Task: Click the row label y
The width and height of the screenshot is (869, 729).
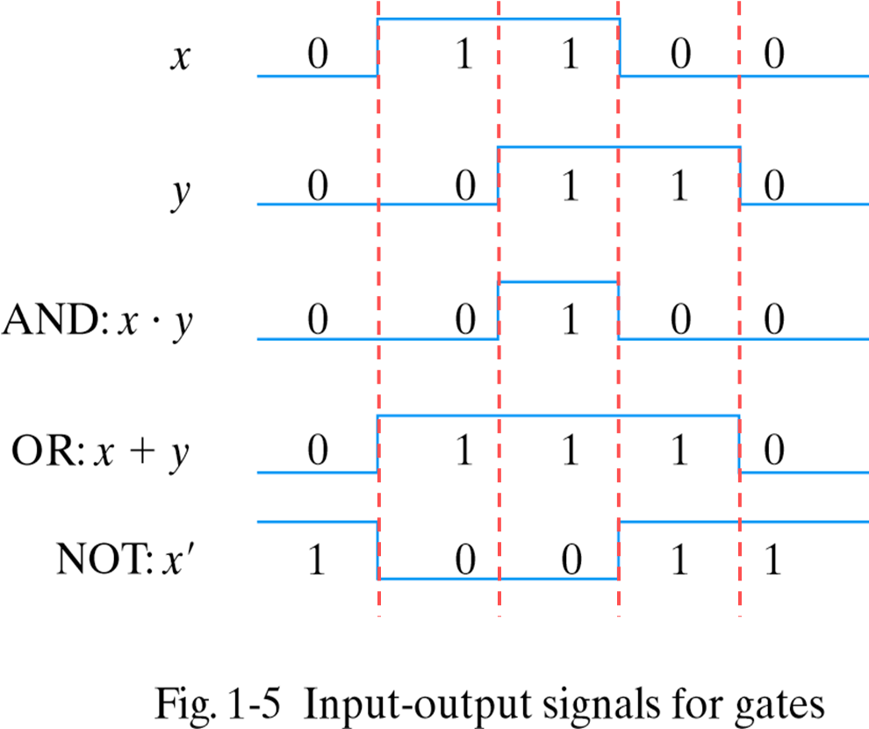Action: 181,193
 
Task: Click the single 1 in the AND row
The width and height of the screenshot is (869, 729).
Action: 571,321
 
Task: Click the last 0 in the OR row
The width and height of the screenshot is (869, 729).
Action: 772,451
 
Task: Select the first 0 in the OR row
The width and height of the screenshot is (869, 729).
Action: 318,451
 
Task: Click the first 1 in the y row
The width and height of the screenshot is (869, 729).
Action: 571,188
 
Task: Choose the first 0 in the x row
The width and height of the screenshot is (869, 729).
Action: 318,56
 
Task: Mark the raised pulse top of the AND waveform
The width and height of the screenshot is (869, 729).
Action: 558,282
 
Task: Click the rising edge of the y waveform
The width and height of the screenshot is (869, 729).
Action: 499,176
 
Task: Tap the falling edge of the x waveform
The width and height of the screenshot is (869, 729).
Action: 620,47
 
